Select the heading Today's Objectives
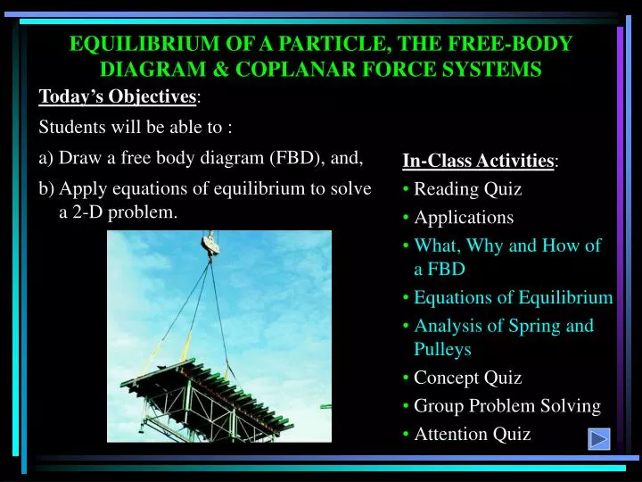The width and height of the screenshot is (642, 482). (x=119, y=96)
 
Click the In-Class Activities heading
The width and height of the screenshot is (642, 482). (x=479, y=161)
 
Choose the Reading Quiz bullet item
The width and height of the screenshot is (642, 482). (x=467, y=189)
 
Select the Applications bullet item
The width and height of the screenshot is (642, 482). (x=464, y=217)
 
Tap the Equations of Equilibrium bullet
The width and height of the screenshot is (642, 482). (x=513, y=298)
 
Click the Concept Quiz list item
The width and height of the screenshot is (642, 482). (x=467, y=378)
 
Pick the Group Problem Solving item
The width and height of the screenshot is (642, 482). (x=506, y=406)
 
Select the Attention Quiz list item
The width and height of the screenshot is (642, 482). (x=472, y=434)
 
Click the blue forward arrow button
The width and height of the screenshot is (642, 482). (x=599, y=438)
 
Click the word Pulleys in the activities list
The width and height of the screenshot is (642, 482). (x=442, y=349)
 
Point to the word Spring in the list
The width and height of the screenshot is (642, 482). (x=532, y=326)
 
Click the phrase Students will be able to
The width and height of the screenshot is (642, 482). (x=136, y=128)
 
